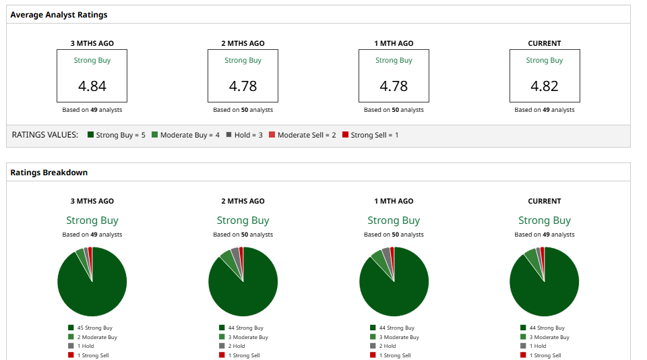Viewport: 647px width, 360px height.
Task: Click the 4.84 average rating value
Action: (92, 86)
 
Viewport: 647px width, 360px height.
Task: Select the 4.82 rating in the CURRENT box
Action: (544, 86)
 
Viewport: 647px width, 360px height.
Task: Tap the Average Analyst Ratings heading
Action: (59, 14)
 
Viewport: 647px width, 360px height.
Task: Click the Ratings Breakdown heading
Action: (49, 173)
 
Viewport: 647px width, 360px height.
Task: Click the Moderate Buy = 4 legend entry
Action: (185, 135)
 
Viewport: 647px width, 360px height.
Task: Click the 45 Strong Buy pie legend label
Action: (94, 328)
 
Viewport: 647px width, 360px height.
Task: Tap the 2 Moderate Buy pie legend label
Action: (97, 337)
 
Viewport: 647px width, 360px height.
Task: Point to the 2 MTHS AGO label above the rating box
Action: (243, 43)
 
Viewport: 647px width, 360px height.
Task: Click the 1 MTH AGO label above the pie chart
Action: (394, 201)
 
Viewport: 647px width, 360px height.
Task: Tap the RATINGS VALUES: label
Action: (45, 135)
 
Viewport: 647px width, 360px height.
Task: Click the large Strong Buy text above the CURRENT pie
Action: (544, 220)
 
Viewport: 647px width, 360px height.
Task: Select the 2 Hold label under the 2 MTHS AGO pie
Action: (237, 346)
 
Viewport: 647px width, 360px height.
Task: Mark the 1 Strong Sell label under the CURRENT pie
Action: (545, 355)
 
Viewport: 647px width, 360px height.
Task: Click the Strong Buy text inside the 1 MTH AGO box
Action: (394, 61)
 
